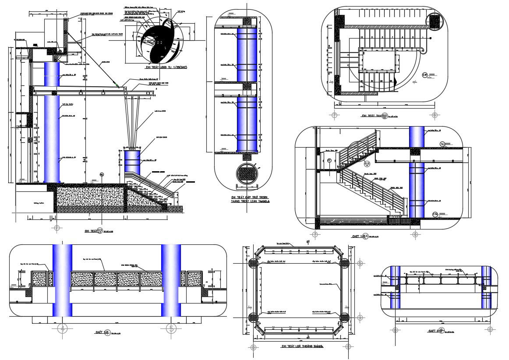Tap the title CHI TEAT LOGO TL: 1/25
point(166,68)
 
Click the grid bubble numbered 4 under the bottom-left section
point(63,328)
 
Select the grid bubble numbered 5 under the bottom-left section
point(171,328)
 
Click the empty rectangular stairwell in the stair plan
point(379,61)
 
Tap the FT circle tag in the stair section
point(329,160)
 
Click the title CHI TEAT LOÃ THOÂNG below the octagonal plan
point(302,346)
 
